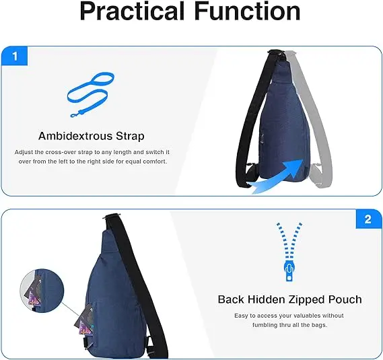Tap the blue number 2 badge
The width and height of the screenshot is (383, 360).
368,219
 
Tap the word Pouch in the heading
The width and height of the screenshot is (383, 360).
343,299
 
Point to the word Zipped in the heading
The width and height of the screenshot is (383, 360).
306,299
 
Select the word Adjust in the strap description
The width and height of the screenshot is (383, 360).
25,153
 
